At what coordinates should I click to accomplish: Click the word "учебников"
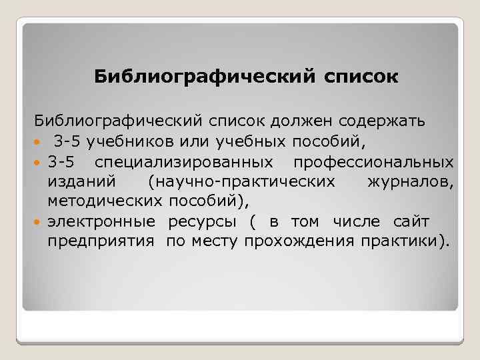click(123, 142)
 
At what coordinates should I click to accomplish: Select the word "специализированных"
click(183, 162)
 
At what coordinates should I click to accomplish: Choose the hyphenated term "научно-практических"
click(243, 181)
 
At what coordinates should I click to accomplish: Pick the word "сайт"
click(412, 221)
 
